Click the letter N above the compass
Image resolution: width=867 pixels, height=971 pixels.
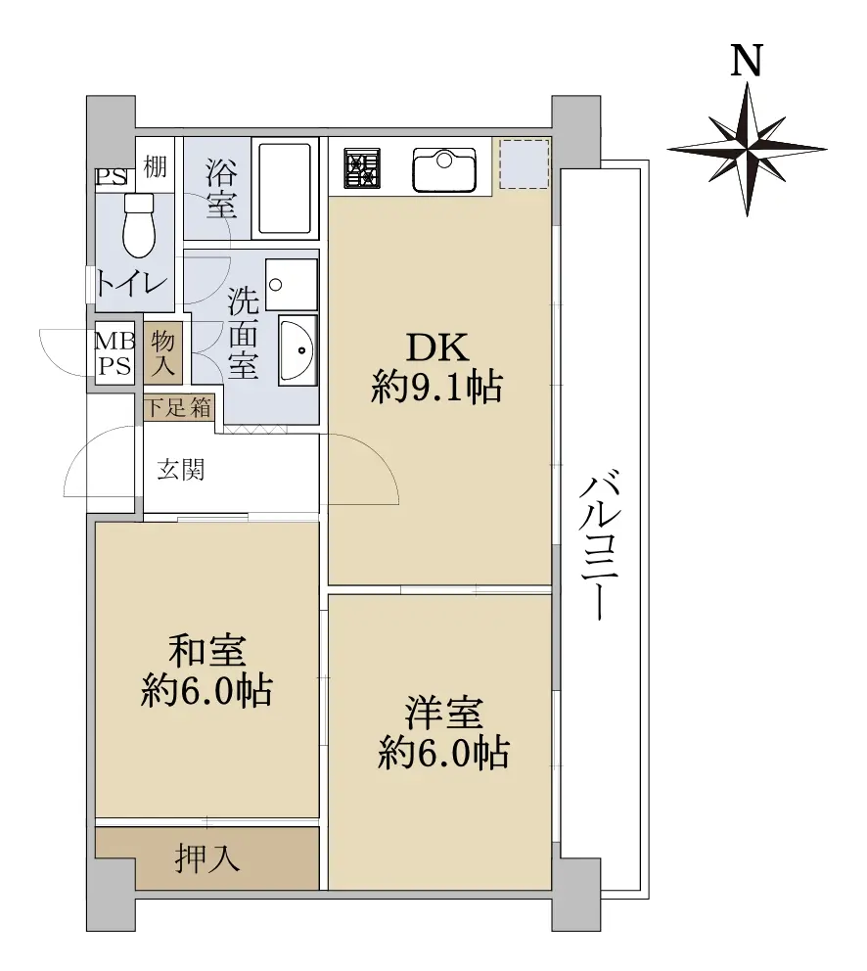coord(747,61)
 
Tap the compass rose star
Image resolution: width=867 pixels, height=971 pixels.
coord(748,149)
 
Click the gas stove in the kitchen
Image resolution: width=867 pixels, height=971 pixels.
coord(362,167)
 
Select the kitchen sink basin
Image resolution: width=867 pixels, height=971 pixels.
coord(444,169)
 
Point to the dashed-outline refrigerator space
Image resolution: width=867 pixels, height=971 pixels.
coord(524,164)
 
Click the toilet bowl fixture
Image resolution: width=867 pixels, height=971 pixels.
coord(139,225)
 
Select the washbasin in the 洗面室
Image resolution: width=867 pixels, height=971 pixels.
coord(297,349)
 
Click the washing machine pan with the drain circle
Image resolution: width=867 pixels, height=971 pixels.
coord(291,284)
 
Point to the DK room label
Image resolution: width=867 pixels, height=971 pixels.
coord(437,347)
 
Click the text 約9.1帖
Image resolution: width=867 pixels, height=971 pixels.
coord(436,388)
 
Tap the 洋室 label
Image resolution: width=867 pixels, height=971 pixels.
coord(444,713)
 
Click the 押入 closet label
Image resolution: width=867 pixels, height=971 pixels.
coord(206,858)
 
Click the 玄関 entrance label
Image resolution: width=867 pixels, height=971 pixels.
coord(180,470)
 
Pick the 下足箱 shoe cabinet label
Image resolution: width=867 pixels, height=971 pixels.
coord(178,407)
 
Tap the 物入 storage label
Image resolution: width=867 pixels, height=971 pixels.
coord(162,352)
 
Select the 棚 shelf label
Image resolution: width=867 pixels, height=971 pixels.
coord(156,166)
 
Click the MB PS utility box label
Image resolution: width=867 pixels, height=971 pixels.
coord(114,353)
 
